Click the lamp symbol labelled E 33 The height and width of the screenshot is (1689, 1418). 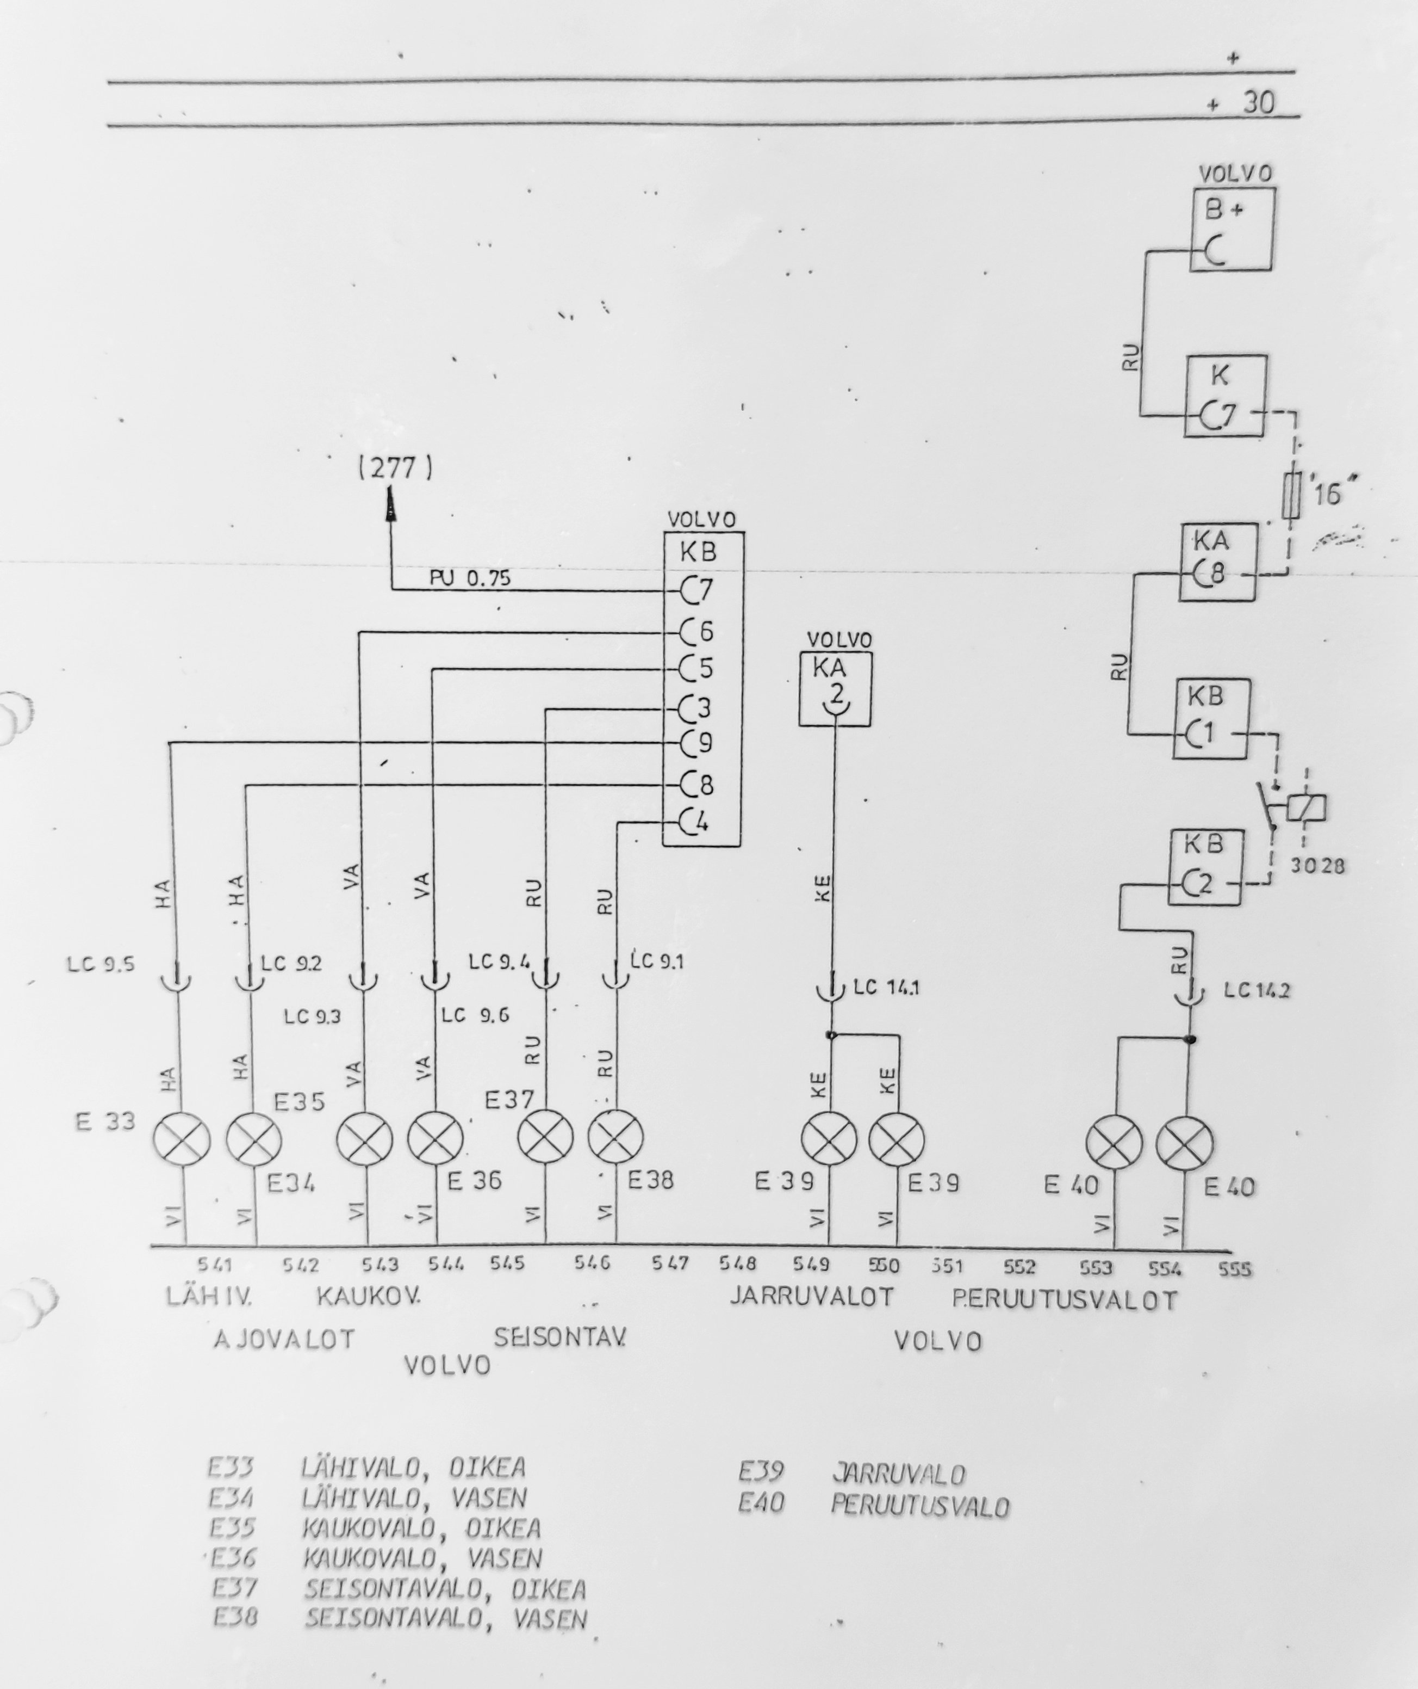pyautogui.click(x=181, y=1139)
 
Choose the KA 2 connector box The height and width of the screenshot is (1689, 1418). pyautogui.click(x=835, y=688)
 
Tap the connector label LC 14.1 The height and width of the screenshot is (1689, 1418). pyautogui.click(x=886, y=987)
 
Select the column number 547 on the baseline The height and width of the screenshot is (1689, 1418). pyautogui.click(x=670, y=1263)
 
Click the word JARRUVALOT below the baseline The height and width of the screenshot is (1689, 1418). pyautogui.click(x=812, y=1297)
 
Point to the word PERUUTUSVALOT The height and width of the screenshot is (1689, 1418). pyautogui.click(x=1064, y=1300)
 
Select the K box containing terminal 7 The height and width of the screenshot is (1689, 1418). pyautogui.click(x=1225, y=396)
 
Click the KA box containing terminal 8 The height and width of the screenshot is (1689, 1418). pyautogui.click(x=1217, y=562)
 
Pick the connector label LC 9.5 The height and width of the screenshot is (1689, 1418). pyautogui.click(x=101, y=964)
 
